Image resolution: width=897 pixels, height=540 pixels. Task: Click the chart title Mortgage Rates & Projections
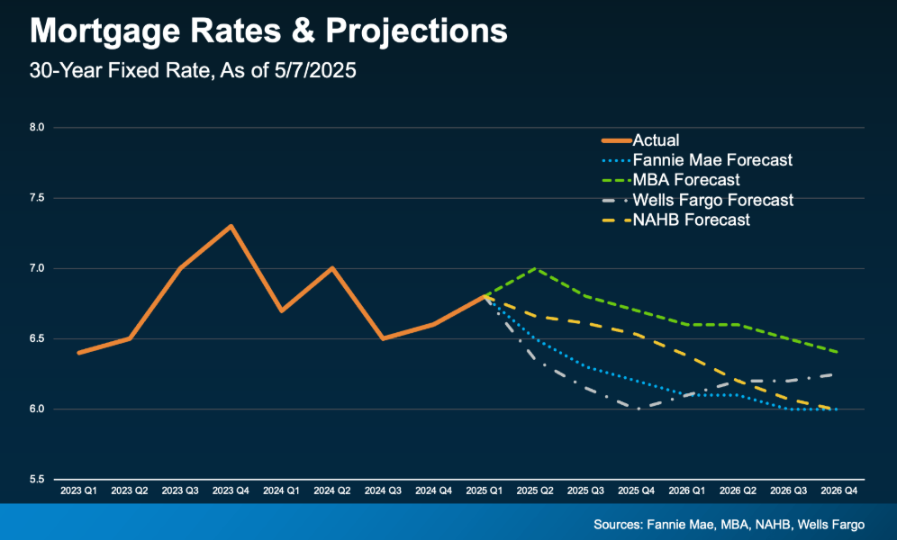268,31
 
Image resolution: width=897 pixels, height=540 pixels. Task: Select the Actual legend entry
656,140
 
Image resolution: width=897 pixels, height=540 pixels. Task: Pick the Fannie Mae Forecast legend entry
712,160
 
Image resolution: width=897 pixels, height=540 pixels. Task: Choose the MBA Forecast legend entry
686,180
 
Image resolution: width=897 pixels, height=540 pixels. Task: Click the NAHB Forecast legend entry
692,220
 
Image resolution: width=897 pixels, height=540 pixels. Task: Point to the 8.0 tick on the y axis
38,128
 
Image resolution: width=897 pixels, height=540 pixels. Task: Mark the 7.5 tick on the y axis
38,198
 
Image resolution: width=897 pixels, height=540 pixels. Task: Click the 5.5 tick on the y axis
38,480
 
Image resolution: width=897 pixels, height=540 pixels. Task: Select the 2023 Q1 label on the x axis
79,492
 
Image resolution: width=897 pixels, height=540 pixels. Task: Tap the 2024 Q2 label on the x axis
332,492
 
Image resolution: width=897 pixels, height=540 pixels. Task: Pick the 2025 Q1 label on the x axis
484,492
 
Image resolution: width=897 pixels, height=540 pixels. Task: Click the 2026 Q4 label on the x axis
838,492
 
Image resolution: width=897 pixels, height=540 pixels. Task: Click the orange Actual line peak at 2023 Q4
231,226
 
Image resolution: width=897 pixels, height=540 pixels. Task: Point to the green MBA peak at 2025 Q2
535,268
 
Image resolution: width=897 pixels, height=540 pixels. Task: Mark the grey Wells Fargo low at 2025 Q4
636,409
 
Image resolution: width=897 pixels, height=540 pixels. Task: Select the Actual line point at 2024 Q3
383,338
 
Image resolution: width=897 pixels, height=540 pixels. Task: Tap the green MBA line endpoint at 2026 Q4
838,352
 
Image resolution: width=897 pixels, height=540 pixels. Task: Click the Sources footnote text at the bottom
729,524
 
